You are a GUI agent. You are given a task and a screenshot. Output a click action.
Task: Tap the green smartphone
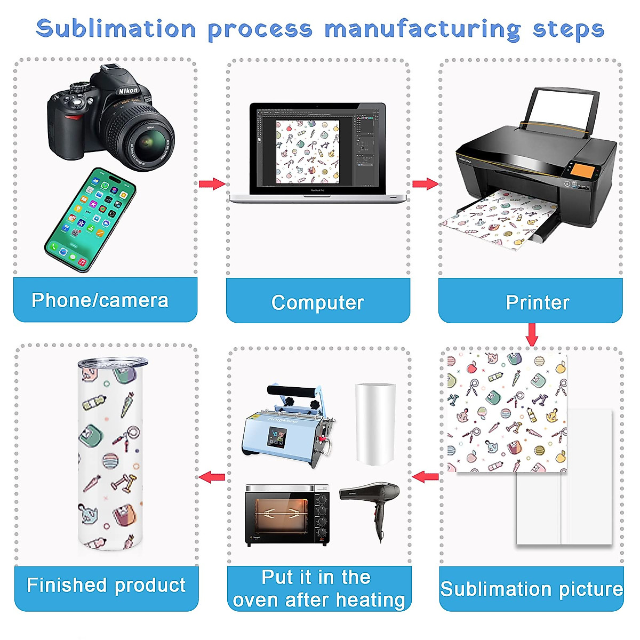pyautogui.click(x=90, y=220)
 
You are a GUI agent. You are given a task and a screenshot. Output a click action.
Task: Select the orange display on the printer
pyautogui.click(x=582, y=172)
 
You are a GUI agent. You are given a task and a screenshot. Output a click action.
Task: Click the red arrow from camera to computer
pyautogui.click(x=212, y=184)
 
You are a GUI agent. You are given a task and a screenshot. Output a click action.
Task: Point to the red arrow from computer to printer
pyautogui.click(x=425, y=184)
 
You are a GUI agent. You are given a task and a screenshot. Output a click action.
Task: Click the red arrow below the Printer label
pyautogui.click(x=531, y=334)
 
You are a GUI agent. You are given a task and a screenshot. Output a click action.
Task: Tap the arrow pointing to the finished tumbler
pyautogui.click(x=212, y=476)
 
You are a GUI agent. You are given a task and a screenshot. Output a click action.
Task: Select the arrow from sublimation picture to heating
pyautogui.click(x=425, y=476)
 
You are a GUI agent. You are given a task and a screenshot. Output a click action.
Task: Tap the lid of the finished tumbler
pyautogui.click(x=113, y=363)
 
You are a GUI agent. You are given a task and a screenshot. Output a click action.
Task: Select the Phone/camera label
pyautogui.click(x=100, y=300)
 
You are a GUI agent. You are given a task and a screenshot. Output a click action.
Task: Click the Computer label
pyautogui.click(x=317, y=302)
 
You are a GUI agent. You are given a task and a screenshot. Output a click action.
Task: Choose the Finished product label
pyautogui.click(x=106, y=585)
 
